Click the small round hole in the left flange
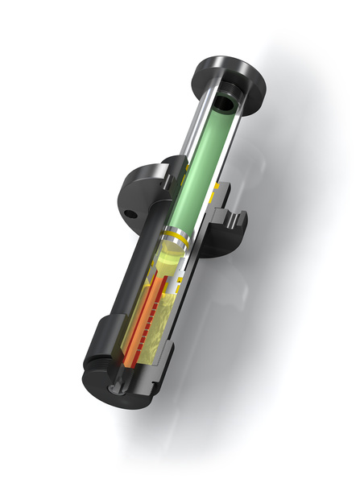coord(130,215)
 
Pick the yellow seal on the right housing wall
coord(215,193)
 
